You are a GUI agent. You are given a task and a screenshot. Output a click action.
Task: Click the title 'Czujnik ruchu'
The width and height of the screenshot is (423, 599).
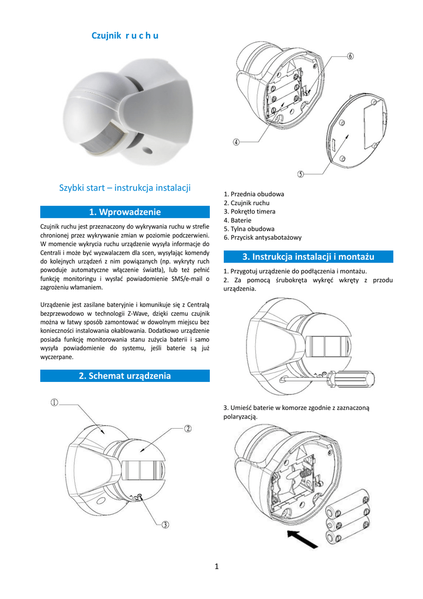click(x=125, y=36)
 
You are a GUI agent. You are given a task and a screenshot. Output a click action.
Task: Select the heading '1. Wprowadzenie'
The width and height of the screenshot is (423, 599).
click(x=124, y=212)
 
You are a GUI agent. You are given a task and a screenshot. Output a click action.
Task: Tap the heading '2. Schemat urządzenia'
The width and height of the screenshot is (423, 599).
click(x=124, y=376)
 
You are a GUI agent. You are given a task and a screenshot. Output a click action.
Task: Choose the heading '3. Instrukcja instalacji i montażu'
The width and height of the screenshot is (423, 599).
click(x=308, y=257)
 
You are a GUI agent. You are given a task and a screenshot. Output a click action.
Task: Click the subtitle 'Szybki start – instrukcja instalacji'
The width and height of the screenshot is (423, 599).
click(x=125, y=188)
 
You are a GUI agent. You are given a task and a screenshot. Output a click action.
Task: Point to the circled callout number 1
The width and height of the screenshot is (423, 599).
click(x=54, y=402)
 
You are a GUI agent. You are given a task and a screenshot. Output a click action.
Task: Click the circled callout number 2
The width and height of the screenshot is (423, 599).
click(x=188, y=428)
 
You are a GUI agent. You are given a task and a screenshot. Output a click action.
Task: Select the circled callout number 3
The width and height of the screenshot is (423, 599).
click(x=165, y=525)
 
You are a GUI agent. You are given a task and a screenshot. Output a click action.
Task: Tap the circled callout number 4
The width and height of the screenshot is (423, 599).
click(x=237, y=142)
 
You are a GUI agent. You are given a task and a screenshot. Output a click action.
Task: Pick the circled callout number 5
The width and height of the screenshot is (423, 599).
click(x=300, y=174)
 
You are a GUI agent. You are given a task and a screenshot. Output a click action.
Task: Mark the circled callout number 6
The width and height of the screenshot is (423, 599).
click(x=351, y=57)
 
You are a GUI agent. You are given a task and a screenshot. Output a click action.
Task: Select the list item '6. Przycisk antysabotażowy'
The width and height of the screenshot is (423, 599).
click(x=262, y=237)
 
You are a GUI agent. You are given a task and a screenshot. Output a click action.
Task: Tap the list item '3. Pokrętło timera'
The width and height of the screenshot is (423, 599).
click(x=249, y=211)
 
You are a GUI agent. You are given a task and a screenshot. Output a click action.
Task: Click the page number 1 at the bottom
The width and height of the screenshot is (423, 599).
click(x=216, y=566)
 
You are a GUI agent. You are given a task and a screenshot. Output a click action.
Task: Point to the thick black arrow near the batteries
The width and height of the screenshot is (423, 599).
click(x=303, y=539)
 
